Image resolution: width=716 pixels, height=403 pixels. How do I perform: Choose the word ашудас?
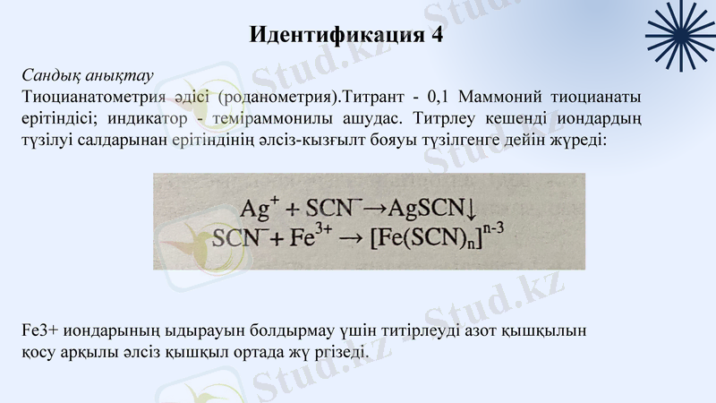pyautogui.click(x=357, y=118)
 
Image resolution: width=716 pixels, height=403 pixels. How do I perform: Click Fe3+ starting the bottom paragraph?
pyautogui.click(x=37, y=331)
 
